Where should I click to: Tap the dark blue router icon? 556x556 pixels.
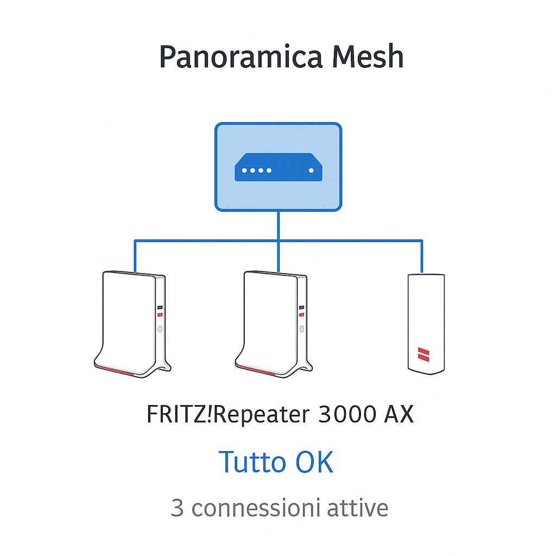tap(278, 167)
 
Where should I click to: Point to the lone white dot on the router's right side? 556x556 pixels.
tap(311, 170)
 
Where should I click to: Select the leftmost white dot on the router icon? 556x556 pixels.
tap(244, 170)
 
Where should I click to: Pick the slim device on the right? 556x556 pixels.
tap(426, 323)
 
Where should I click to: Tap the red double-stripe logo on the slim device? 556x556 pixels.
tap(422, 355)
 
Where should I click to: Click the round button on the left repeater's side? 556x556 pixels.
tap(160, 329)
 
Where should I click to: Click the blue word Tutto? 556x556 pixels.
tap(252, 462)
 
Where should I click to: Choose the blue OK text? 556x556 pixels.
tap(314, 462)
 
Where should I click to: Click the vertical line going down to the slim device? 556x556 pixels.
tap(422, 256)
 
